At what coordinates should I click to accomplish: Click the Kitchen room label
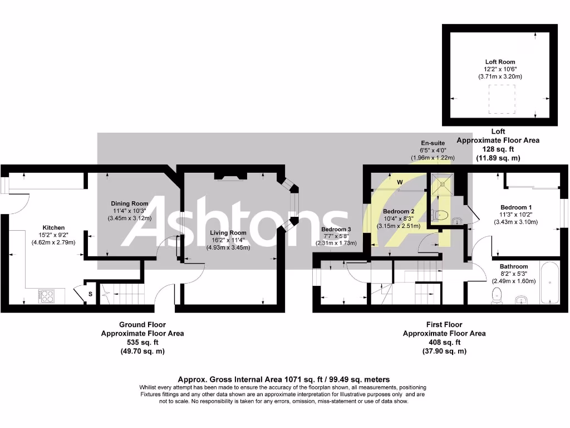click(x=53, y=227)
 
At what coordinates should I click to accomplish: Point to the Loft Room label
click(x=499, y=62)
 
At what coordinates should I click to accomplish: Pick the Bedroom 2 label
click(x=399, y=211)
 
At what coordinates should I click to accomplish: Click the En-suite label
click(x=432, y=143)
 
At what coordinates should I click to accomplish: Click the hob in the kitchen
click(x=46, y=296)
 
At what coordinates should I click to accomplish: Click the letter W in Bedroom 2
click(x=400, y=182)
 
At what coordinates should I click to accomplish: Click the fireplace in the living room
click(x=231, y=177)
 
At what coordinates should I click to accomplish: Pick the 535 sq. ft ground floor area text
click(x=142, y=342)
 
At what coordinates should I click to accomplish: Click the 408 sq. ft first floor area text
click(x=444, y=342)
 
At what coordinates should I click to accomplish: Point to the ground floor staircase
click(x=120, y=292)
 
